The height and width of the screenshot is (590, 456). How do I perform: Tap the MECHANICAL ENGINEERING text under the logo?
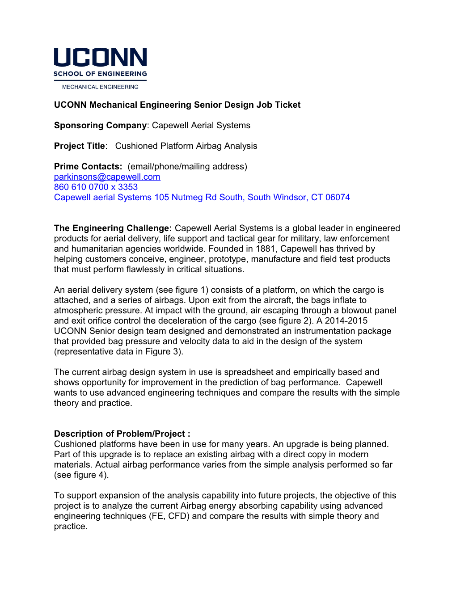pyautogui.click(x=100, y=87)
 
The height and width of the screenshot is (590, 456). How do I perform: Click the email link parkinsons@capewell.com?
pyautogui.click(x=107, y=177)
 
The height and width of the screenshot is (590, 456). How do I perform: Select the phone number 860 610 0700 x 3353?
pyautogui.click(x=96, y=187)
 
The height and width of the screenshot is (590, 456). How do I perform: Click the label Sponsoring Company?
pyautogui.click(x=100, y=125)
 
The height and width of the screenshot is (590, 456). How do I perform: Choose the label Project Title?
pyautogui.click(x=79, y=146)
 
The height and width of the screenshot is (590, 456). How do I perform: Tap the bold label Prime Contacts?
pyautogui.click(x=88, y=166)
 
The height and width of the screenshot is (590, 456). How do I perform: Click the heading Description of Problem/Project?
pyautogui.click(x=122, y=434)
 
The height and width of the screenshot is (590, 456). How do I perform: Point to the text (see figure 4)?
pyautogui.click(x=81, y=475)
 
